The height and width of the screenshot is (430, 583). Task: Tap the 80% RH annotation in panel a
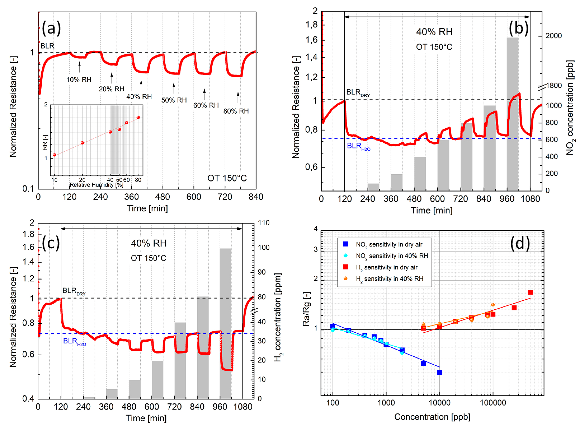236,111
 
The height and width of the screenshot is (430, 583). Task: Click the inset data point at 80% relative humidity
138,117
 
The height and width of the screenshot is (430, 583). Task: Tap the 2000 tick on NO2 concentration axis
553,36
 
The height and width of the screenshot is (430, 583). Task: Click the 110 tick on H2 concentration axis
263,223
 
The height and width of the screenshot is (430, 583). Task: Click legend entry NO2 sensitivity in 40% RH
392,256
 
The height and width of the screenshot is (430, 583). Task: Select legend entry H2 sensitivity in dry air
386,267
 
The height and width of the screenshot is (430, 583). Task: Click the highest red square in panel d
530,292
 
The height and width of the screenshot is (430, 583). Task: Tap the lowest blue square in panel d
439,373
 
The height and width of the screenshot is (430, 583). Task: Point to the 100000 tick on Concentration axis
493,403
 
